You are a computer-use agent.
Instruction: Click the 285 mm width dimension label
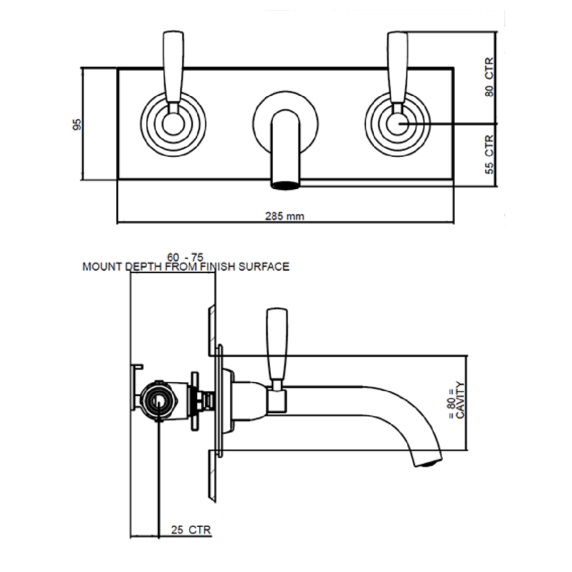coord(285,216)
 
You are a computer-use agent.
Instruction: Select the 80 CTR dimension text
coord(489,77)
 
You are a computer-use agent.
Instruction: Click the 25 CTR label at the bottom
coord(191,530)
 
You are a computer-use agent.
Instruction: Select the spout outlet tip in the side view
coord(428,462)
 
